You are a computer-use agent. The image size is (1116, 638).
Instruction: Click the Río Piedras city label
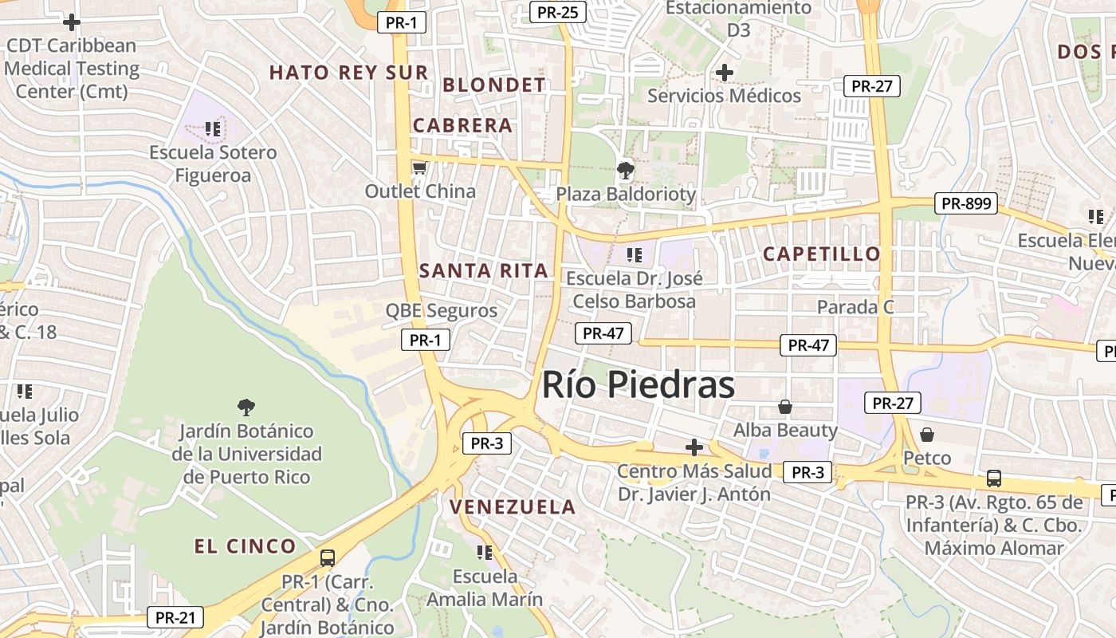pos(638,385)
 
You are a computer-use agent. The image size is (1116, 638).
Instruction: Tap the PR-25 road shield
pos(558,12)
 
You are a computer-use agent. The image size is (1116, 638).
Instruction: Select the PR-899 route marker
pos(966,203)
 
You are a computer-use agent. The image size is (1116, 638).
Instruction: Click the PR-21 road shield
pos(175,617)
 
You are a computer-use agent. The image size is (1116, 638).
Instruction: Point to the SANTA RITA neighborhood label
pos(484,270)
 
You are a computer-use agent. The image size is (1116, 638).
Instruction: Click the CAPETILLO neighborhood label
pos(821,254)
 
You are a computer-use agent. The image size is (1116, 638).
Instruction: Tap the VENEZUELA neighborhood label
pos(512,507)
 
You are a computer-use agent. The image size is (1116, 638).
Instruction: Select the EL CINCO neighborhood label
pos(246,546)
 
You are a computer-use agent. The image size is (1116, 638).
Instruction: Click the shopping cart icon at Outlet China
pos(419,167)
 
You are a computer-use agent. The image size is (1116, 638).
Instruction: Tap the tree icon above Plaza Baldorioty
pos(626,170)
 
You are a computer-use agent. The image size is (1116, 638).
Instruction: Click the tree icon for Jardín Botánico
pos(246,408)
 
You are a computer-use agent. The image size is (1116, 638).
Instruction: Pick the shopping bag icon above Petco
pos(926,435)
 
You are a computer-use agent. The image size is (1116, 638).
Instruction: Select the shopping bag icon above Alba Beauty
pos(785,408)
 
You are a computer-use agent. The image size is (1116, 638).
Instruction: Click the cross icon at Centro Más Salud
pos(694,447)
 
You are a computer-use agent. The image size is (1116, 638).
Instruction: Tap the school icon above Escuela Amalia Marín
pos(484,552)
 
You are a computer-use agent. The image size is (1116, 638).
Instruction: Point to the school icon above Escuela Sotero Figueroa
pos(212,128)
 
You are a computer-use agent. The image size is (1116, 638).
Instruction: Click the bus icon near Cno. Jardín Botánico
pos(327,557)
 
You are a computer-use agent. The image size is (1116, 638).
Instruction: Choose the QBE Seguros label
pos(441,311)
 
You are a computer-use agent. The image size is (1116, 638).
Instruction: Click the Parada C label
pos(855,307)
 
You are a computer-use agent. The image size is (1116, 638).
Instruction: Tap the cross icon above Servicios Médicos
pos(724,73)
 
